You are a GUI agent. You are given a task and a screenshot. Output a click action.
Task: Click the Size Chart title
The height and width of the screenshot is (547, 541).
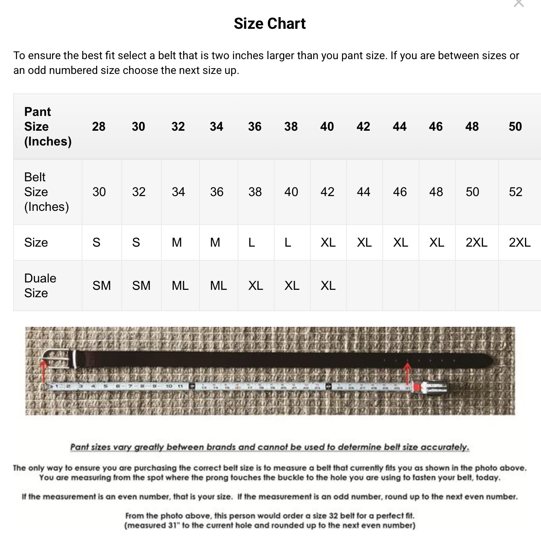tap(270, 24)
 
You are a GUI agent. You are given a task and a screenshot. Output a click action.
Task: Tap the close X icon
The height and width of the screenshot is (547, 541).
tap(518, 4)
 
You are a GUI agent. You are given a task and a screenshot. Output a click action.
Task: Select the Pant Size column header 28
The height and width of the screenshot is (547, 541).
tap(99, 126)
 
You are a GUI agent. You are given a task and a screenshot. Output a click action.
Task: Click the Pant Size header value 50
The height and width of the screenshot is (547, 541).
tap(515, 126)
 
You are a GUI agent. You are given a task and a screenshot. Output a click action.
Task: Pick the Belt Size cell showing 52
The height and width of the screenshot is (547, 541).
tap(515, 192)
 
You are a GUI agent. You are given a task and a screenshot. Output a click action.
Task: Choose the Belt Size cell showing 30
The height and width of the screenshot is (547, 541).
tap(99, 192)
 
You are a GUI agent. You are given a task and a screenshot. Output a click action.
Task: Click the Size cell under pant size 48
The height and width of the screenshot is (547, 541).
tap(476, 242)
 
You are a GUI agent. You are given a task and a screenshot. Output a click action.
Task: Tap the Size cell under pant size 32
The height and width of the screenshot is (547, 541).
tap(177, 242)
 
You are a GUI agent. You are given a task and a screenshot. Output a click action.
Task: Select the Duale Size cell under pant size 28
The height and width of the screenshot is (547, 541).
tap(102, 286)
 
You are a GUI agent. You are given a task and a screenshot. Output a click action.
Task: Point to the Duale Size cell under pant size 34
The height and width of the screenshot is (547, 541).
tap(218, 286)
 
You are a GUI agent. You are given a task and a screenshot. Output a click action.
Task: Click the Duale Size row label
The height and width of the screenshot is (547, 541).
tap(40, 286)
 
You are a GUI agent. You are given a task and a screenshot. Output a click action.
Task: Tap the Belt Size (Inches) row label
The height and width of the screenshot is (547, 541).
tap(46, 192)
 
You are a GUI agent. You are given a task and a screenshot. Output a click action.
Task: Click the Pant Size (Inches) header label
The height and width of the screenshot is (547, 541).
tap(47, 126)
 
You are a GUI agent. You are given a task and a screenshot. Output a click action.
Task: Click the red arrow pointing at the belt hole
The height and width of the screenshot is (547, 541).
tap(407, 372)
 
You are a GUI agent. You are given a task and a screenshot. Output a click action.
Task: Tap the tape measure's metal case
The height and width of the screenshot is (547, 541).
tap(430, 387)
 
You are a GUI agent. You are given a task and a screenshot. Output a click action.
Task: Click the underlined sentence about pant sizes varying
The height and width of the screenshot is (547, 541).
tap(270, 447)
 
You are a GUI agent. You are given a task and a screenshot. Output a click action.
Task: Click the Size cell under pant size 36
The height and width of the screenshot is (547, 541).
tap(252, 242)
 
